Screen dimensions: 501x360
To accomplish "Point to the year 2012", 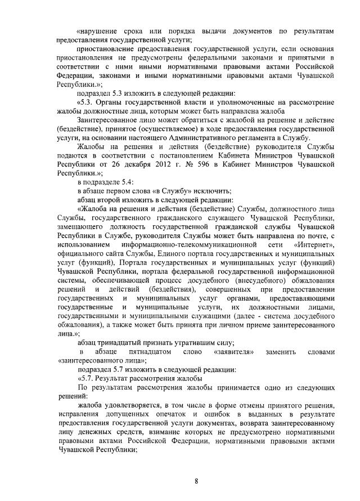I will [x=145, y=164].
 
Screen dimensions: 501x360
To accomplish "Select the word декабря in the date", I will [x=116, y=164].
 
